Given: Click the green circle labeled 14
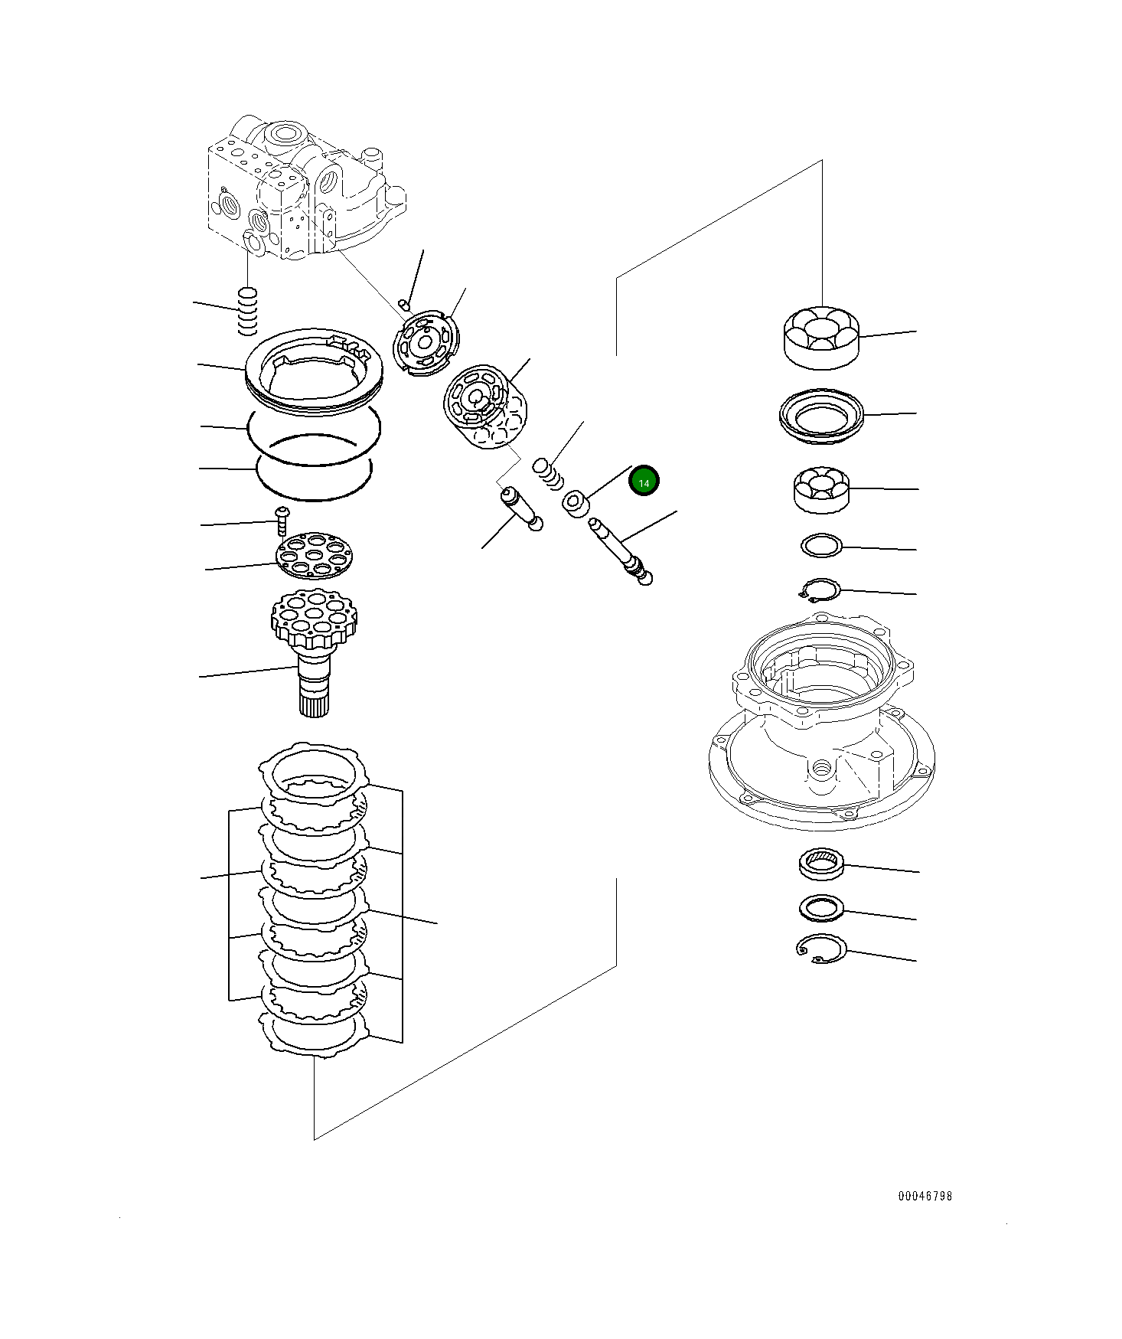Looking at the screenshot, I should click(x=644, y=481).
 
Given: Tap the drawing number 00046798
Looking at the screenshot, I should click(x=925, y=1196).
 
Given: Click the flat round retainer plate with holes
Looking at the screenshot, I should click(x=314, y=555).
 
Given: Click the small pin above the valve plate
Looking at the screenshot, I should click(x=405, y=306).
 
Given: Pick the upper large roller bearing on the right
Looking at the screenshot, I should click(x=821, y=338).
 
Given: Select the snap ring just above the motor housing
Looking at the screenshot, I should click(x=819, y=590).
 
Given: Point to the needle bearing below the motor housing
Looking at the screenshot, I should click(x=821, y=864).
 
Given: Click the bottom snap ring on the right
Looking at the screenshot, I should click(x=821, y=949).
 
